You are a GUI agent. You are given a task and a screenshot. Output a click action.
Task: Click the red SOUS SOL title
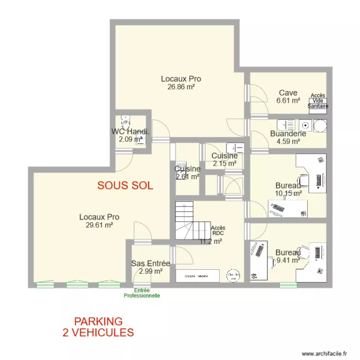[x=125, y=186]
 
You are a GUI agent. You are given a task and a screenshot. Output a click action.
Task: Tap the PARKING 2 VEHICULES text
[x=98, y=326]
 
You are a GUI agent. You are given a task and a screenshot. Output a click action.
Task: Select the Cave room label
[x=288, y=93]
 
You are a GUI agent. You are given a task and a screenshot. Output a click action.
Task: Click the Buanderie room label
[x=288, y=134]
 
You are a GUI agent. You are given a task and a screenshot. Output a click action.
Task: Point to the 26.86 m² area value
[x=180, y=87]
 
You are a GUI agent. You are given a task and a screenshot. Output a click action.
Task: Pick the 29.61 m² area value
[x=99, y=225]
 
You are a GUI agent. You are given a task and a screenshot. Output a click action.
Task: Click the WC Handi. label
[x=131, y=132]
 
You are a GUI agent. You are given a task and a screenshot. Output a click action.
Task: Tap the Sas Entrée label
[x=150, y=264]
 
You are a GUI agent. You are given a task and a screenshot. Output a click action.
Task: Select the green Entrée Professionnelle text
[x=142, y=293]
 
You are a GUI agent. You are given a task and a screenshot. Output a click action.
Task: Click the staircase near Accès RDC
[x=188, y=221]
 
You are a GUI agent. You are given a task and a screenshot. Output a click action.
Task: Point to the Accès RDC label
[x=218, y=231]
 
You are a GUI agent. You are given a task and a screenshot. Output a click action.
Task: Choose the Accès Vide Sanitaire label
[x=318, y=101]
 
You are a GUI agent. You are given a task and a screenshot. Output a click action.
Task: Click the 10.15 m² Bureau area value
[x=288, y=193]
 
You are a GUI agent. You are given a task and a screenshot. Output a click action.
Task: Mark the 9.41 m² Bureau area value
[x=288, y=261]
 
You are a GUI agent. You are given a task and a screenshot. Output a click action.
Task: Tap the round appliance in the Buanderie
[x=320, y=126]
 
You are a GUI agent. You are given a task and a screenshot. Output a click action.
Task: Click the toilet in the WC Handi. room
[x=125, y=119]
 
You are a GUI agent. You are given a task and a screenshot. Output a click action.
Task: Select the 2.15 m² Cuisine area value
[x=225, y=164]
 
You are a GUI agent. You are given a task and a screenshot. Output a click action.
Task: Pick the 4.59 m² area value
[x=288, y=142]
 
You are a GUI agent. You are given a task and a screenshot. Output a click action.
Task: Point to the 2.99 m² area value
[x=150, y=271]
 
